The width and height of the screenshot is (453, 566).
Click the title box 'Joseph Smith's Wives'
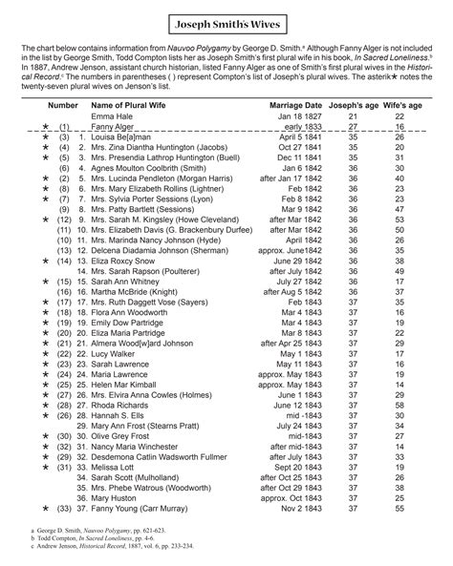(x=226, y=19)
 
